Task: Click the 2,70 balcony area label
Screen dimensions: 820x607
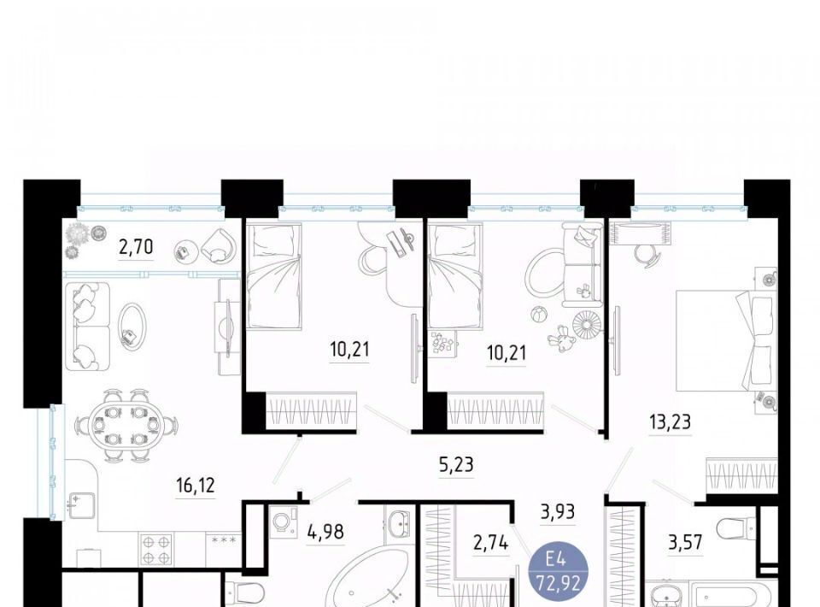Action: point(136,246)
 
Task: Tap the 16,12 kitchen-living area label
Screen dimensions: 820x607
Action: point(195,486)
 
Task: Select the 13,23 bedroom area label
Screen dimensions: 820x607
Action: point(670,421)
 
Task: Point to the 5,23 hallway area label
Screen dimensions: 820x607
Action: point(456,464)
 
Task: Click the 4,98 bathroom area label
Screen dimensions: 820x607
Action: point(325,532)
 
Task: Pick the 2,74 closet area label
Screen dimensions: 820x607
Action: point(490,543)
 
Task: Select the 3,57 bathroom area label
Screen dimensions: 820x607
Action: point(685,542)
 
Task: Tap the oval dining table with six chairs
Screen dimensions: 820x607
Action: point(126,426)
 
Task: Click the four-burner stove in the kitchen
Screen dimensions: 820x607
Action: point(155,550)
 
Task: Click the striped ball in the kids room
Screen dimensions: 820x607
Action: point(539,315)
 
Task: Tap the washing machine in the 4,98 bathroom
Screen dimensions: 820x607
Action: point(284,522)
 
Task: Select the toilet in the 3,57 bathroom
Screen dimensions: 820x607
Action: point(736,529)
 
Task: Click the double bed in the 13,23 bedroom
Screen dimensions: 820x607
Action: point(726,340)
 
